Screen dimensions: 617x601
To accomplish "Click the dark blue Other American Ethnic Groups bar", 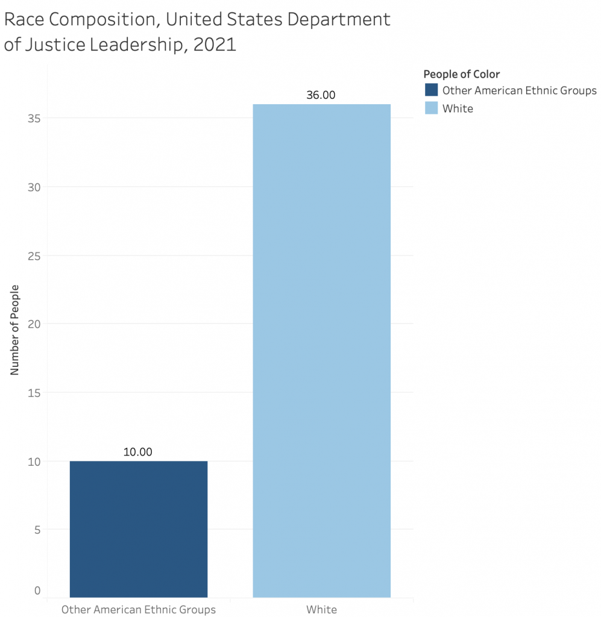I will [139, 529].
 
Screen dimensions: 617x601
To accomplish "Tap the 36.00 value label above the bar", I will [321, 95].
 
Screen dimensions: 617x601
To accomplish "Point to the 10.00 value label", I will [138, 452].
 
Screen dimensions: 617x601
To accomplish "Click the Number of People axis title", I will [15, 329].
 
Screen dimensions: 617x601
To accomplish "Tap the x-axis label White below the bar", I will [321, 609].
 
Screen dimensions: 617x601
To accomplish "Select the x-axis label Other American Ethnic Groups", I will [139, 609].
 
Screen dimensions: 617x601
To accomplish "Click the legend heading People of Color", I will [461, 74].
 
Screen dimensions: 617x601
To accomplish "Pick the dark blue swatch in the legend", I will [431, 90].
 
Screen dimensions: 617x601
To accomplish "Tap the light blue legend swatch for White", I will [431, 108].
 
